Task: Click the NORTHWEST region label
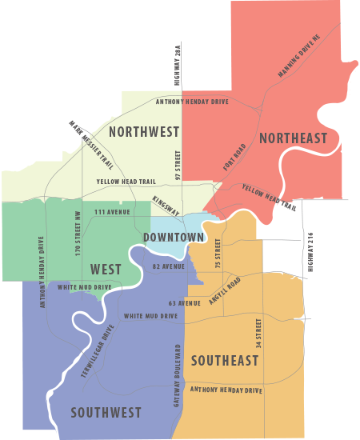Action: (143, 132)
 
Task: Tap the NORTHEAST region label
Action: (294, 138)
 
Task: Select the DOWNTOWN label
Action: (174, 238)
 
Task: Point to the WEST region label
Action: (106, 268)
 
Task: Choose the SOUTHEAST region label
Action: (225, 361)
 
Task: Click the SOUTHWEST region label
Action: (106, 413)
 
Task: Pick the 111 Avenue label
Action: (111, 211)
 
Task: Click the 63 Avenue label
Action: (184, 304)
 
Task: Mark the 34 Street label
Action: (258, 337)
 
